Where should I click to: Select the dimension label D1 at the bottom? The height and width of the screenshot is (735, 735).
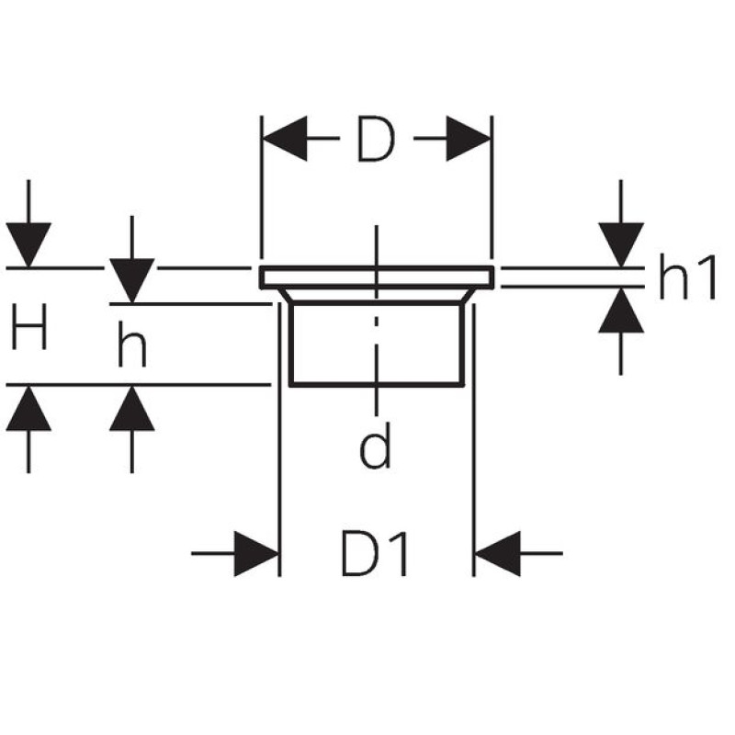click(375, 553)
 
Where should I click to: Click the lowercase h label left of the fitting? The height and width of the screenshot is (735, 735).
click(132, 346)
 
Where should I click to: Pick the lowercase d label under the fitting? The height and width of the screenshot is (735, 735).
click(375, 447)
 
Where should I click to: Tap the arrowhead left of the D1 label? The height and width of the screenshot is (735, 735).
click(256, 553)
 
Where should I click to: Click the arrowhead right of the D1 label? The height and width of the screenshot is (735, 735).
click(497, 553)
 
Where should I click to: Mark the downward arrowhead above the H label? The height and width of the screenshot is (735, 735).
click(28, 244)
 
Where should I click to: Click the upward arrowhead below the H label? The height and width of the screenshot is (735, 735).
click(28, 409)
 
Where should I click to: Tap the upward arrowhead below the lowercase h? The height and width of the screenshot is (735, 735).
click(132, 409)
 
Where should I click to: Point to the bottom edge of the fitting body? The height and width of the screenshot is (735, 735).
click(375, 384)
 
